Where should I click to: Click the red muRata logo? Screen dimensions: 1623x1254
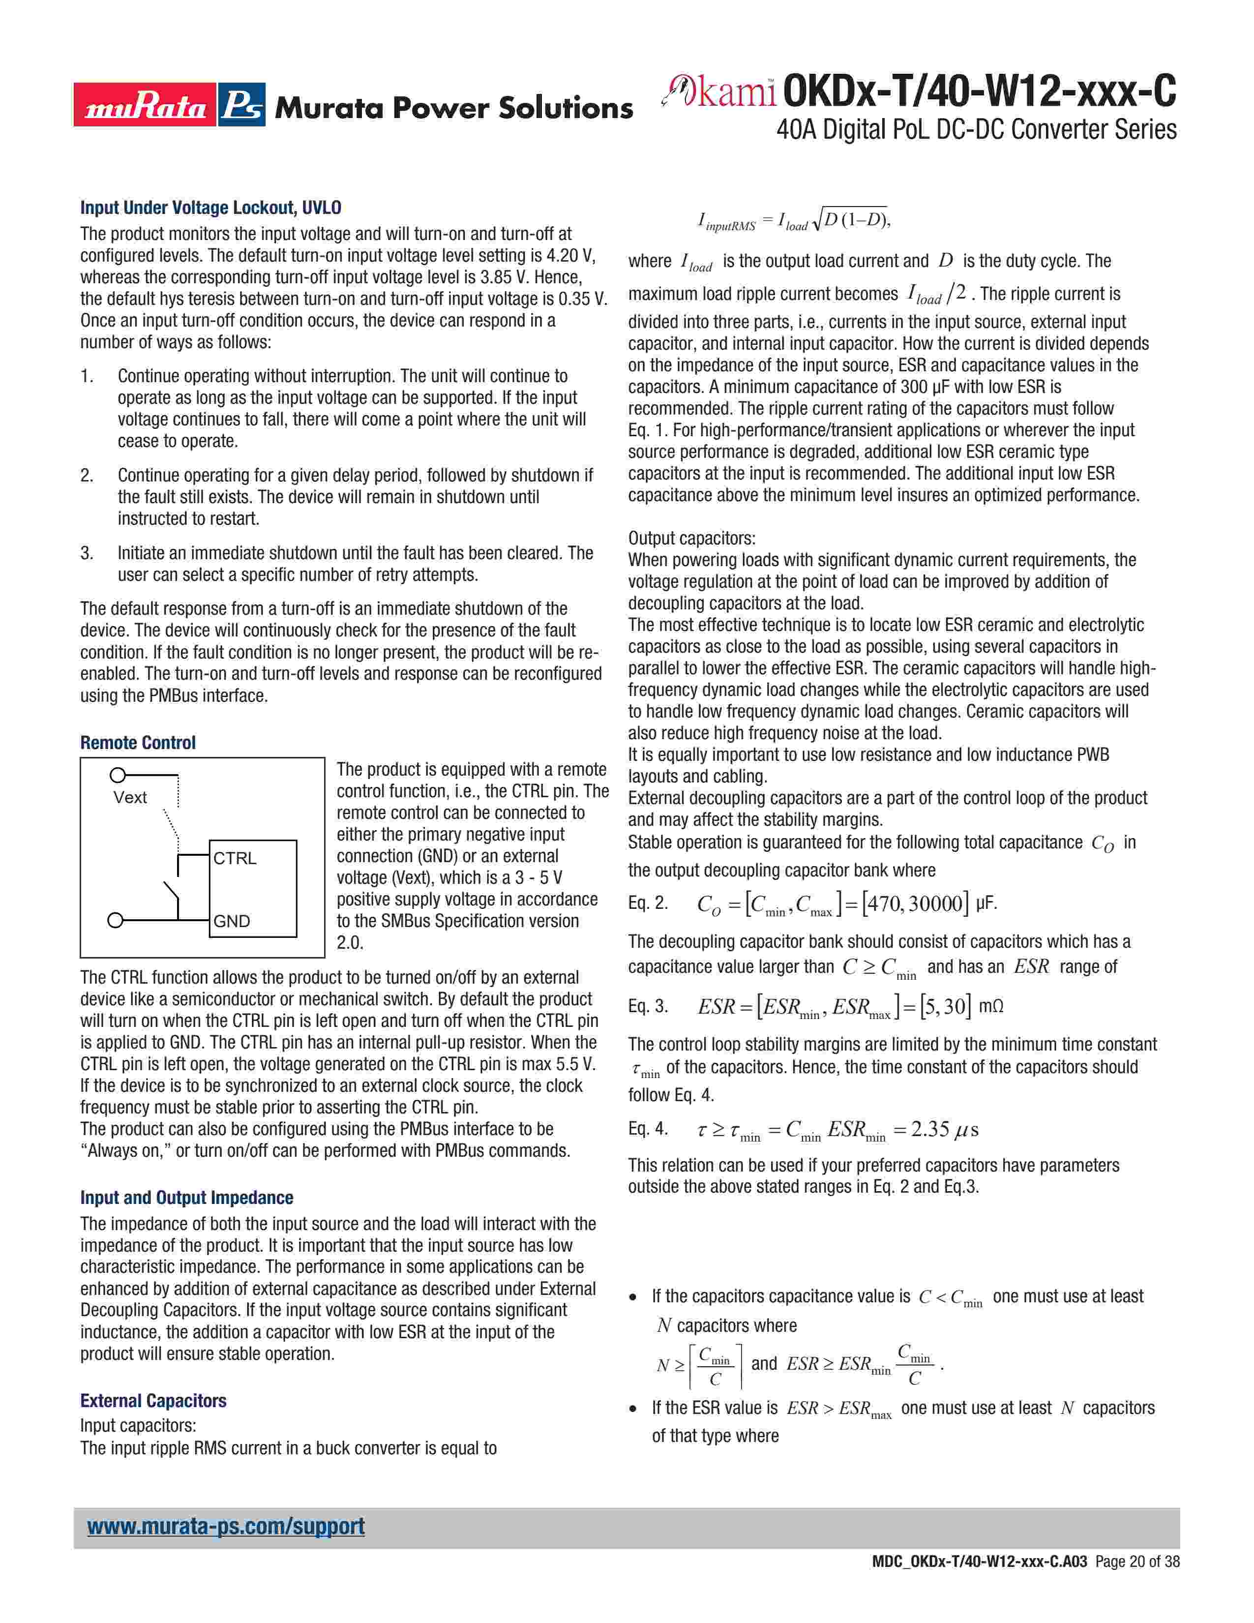coord(145,105)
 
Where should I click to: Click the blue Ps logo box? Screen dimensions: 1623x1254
coord(242,105)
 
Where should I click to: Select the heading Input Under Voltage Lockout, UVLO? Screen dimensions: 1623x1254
coord(211,208)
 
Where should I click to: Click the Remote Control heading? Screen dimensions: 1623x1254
coord(138,742)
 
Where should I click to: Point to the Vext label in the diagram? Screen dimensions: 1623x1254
coord(130,797)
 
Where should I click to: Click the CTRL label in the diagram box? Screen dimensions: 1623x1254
coord(235,858)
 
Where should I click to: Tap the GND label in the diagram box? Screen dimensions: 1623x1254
coord(232,922)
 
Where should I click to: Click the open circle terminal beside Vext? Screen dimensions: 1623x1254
coord(117,776)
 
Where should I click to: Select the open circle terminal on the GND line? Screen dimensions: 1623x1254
coord(115,921)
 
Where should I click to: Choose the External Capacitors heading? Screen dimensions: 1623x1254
coord(153,1401)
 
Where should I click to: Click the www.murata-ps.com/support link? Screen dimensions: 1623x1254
coord(226,1527)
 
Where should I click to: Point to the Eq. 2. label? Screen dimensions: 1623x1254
coord(648,903)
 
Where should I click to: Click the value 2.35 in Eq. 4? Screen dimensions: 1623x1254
coord(930,1130)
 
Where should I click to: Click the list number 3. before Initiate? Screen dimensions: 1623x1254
coord(87,553)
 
